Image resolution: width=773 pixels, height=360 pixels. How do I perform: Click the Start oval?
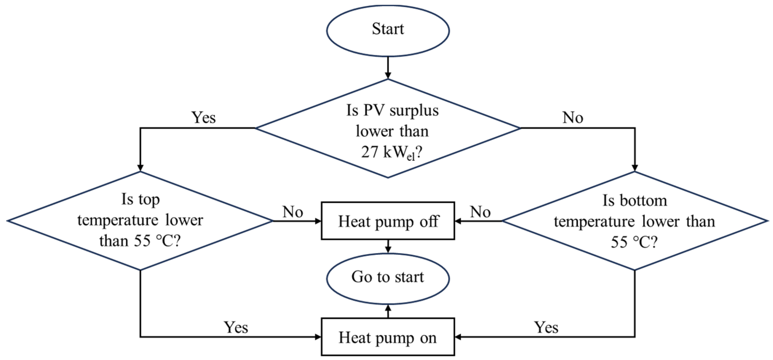pos(388,30)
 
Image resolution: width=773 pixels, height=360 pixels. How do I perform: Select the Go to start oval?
pos(388,278)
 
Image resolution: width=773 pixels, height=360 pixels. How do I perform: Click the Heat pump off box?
pos(388,221)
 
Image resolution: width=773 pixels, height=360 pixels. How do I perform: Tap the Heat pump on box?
pos(388,337)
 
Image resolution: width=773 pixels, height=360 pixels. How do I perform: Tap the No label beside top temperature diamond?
pos(293,212)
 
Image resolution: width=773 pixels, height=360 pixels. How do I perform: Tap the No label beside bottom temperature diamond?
pos(480,212)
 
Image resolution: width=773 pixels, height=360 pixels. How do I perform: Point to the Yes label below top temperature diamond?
pos(236,327)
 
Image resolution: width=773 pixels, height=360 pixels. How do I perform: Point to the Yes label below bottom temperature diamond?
pos(546,327)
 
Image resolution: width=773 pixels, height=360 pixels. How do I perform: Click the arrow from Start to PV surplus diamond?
pos(388,68)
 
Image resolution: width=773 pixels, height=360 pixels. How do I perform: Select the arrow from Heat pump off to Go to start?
pos(388,246)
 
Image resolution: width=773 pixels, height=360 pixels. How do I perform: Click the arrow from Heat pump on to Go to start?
pos(388,311)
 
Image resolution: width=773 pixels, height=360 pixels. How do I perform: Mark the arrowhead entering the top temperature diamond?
pos(140,168)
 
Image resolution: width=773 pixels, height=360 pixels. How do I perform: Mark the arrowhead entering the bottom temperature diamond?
pos(635,168)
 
